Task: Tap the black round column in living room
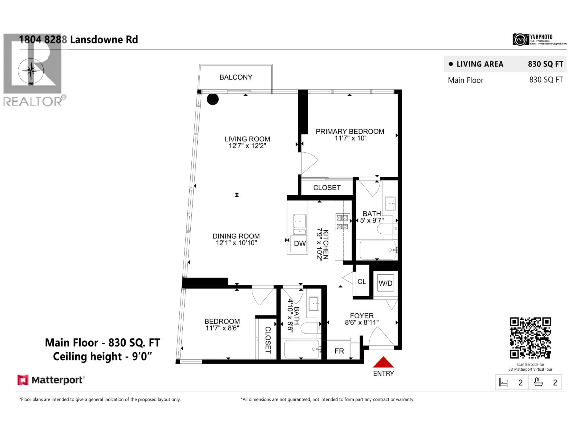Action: [x=212, y=99]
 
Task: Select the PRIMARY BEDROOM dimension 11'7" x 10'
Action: [x=350, y=138]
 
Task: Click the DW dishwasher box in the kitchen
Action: [x=299, y=244]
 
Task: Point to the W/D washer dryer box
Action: [x=385, y=283]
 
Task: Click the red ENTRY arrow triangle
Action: [x=383, y=363]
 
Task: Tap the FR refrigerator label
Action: [x=339, y=351]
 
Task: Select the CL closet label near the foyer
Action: [x=361, y=282]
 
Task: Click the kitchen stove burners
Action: [x=342, y=222]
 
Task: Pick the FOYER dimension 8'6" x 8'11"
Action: [x=362, y=322]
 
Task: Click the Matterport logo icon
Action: [x=23, y=380]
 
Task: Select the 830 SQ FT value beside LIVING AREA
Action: [x=546, y=64]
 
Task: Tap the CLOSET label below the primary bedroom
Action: [x=327, y=188]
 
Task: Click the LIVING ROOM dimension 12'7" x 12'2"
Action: [x=247, y=146]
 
